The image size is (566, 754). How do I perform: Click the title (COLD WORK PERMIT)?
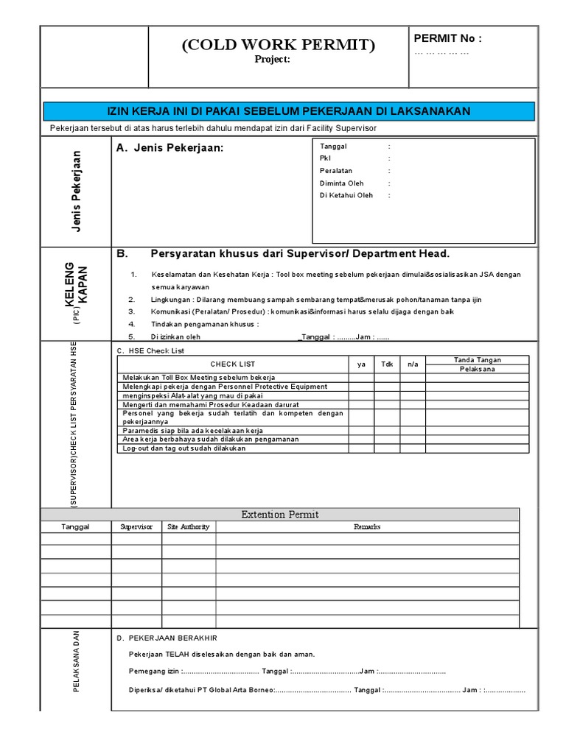(279, 45)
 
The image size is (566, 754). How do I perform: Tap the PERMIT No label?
(447, 38)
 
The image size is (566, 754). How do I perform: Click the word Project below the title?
(273, 60)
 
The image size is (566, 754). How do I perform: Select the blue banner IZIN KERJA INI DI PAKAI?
(288, 111)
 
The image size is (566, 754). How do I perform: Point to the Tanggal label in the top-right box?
(333, 147)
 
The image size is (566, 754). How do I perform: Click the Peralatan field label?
(336, 171)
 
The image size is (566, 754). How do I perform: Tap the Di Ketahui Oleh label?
(346, 196)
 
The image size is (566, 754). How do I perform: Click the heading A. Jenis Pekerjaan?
(169, 149)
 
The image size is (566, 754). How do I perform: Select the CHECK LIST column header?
(233, 364)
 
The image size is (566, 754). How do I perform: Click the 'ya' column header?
(361, 364)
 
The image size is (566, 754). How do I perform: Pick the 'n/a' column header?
(413, 364)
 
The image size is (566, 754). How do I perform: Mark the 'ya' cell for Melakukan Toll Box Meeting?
(361, 377)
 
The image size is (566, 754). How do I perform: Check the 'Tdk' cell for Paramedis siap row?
(387, 430)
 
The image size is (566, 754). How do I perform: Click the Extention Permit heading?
(280, 515)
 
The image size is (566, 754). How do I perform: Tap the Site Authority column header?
(189, 527)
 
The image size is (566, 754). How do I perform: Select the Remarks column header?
(367, 527)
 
